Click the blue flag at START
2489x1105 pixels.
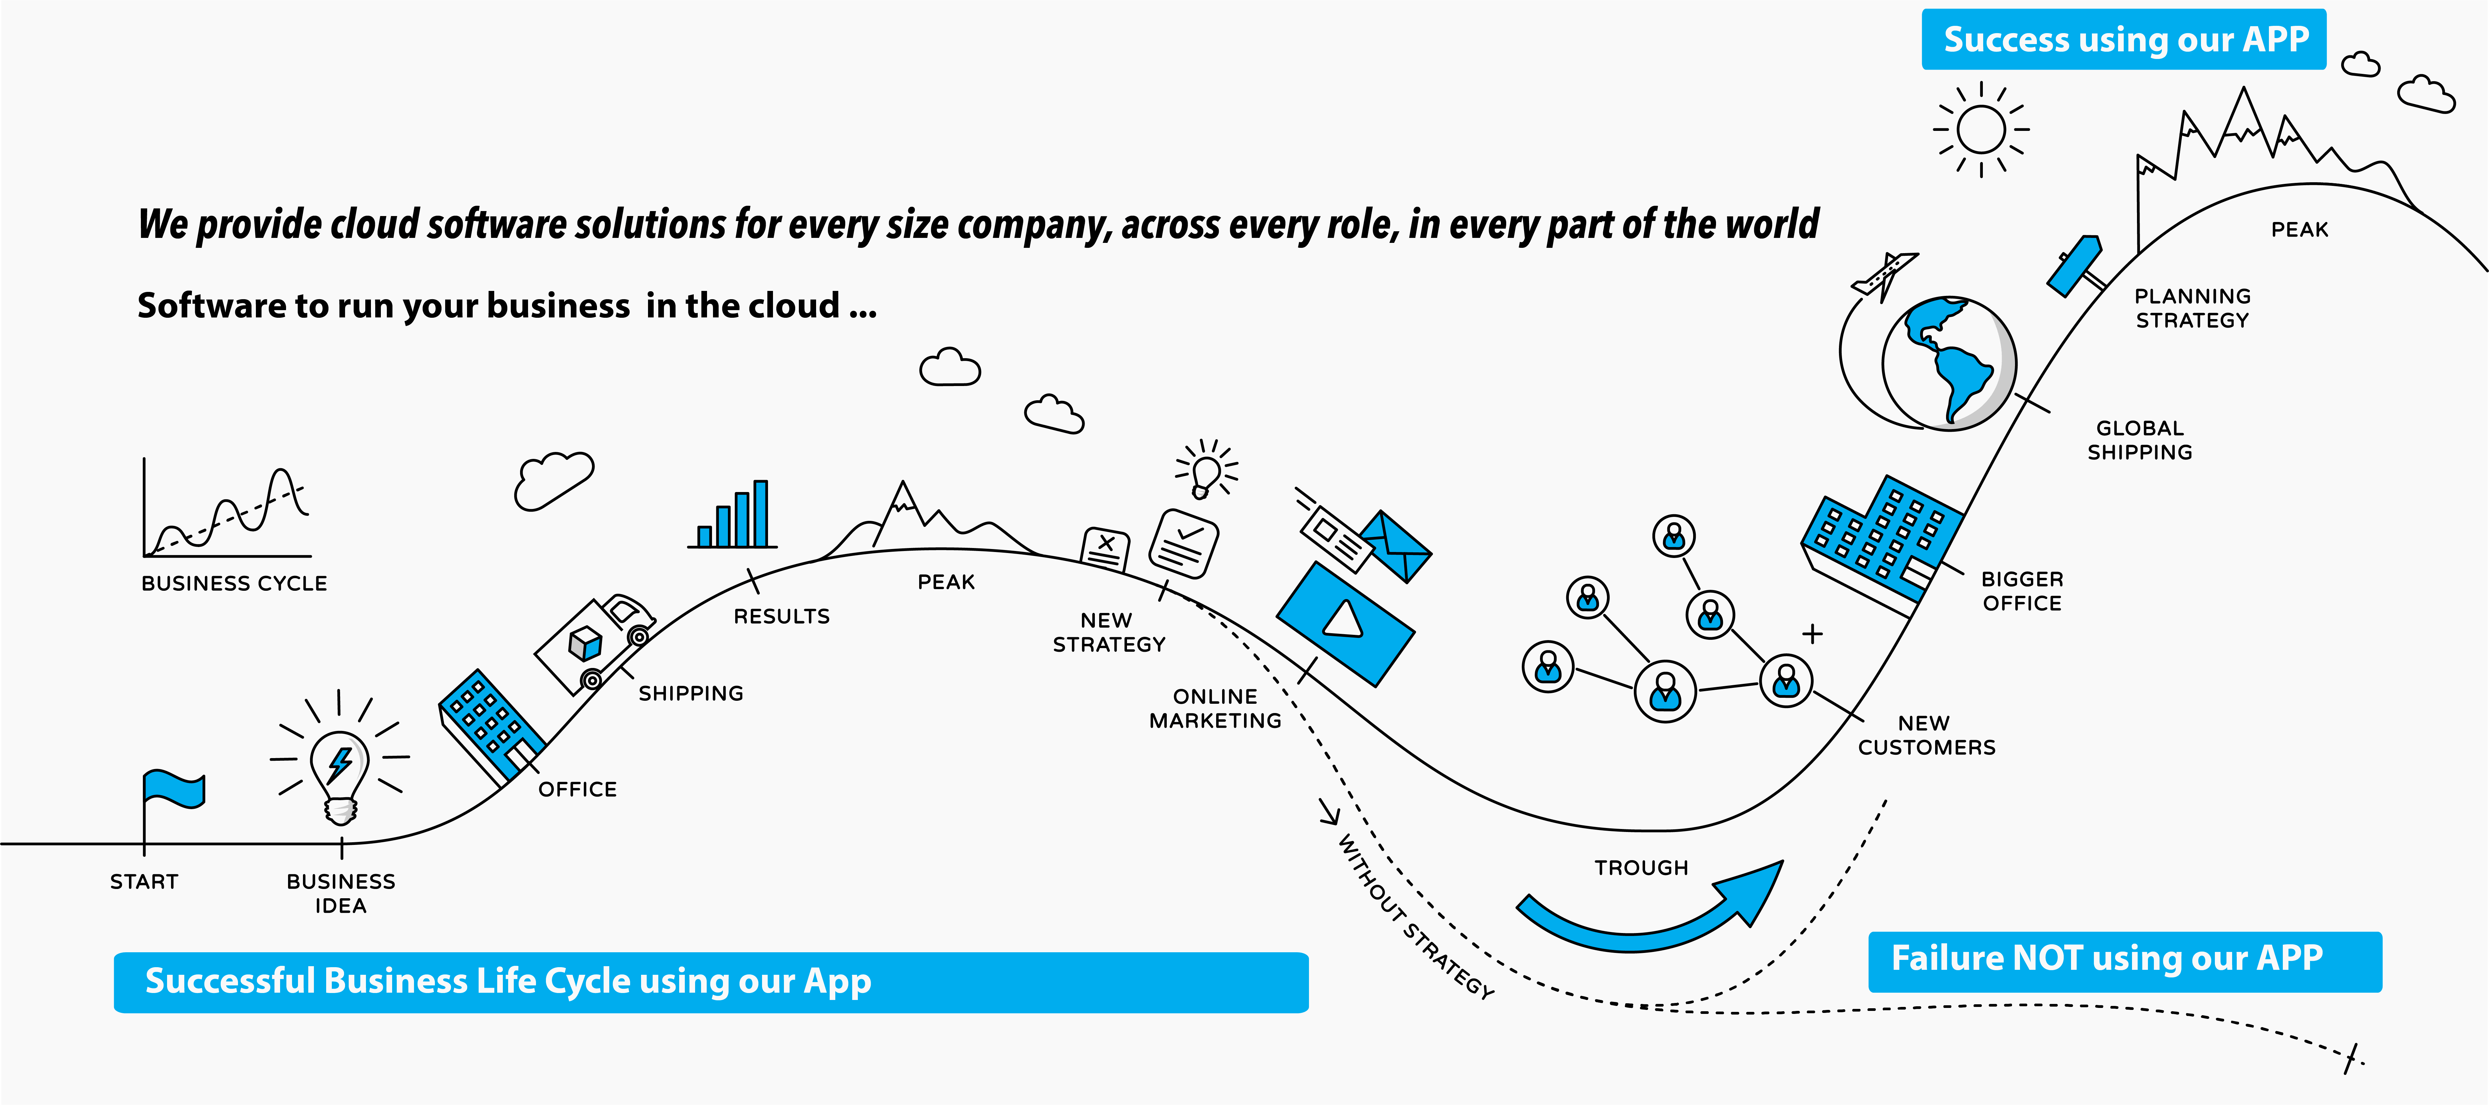tap(174, 789)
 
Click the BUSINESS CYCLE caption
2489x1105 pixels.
tap(234, 583)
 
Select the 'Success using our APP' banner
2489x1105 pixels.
tap(2124, 40)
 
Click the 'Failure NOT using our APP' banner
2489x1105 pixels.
tap(2125, 961)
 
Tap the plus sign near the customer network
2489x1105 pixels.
tap(1813, 634)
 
